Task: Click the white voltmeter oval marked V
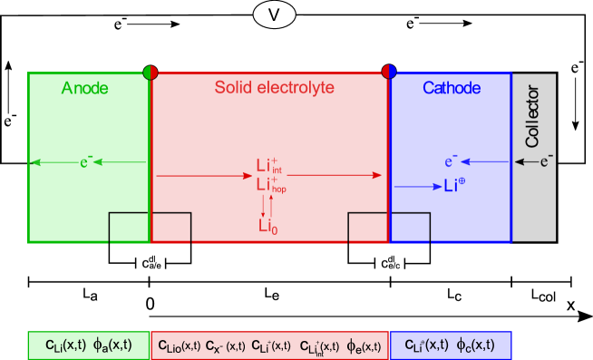pos(274,15)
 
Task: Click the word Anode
pos(84,88)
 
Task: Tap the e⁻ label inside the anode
pos(86,162)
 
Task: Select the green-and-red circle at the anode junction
pos(151,72)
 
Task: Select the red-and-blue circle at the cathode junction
pos(389,72)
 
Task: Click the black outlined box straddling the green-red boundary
pos(150,228)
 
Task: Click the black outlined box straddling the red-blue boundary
pos(389,228)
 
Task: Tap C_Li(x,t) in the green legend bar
pos(65,345)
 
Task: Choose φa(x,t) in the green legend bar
pos(112,345)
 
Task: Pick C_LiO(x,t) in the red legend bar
pos(179,346)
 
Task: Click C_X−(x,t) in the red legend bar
pos(225,346)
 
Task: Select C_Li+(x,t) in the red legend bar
pos(270,346)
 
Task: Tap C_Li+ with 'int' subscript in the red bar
pos(319,346)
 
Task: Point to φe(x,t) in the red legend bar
pos(364,346)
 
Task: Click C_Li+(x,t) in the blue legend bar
pos(424,345)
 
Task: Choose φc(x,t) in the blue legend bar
pos(475,345)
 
